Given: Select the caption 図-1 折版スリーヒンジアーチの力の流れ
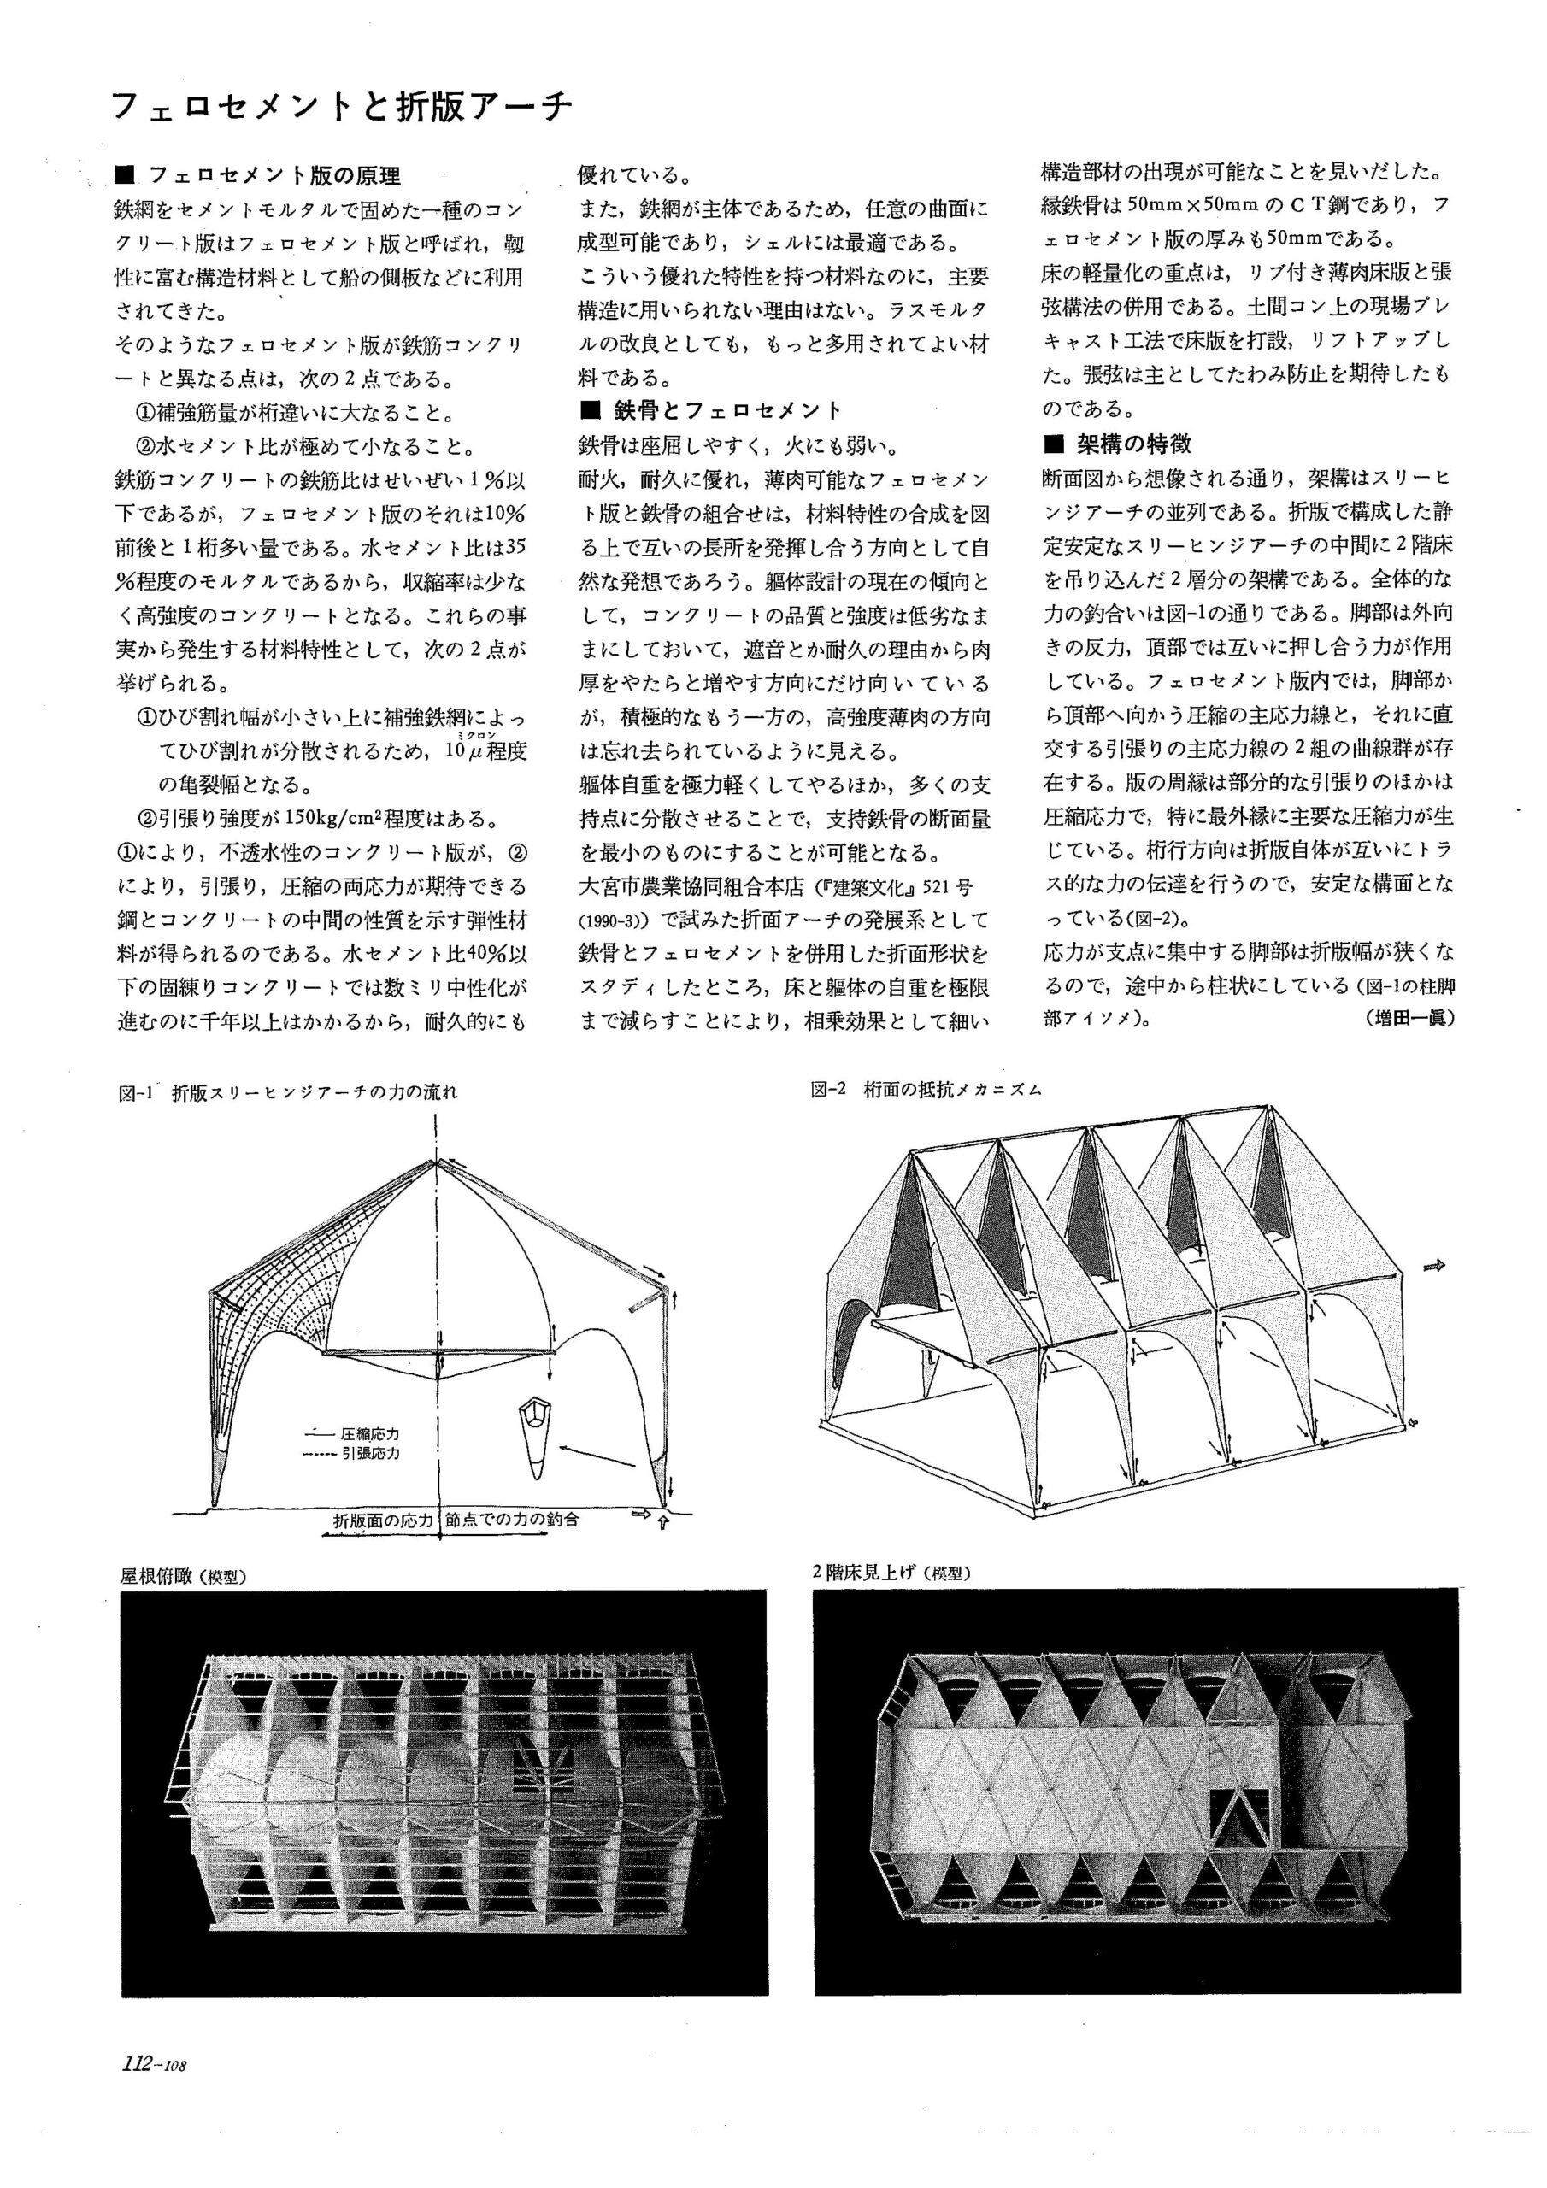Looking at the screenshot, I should pyautogui.click(x=288, y=1092).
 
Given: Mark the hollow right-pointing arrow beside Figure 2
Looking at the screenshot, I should pyautogui.click(x=1433, y=1266).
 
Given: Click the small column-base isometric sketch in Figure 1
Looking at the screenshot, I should pyautogui.click(x=537, y=1438).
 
